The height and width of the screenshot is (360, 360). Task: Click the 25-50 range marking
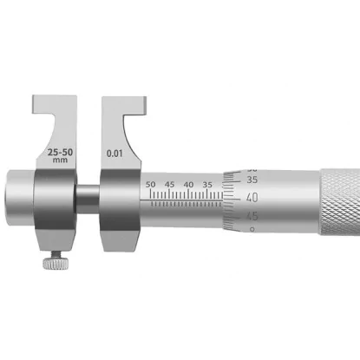coord(60,152)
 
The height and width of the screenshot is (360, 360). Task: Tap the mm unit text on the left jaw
coord(60,160)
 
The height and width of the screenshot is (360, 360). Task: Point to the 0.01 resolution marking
coord(115,154)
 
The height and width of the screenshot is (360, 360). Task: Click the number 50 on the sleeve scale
coord(150,184)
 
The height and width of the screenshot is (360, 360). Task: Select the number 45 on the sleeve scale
coord(170,184)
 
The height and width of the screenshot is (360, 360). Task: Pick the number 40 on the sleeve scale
coord(188,184)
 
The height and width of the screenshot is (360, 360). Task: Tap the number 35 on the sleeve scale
coord(207,184)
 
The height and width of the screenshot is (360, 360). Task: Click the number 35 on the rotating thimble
coord(252,180)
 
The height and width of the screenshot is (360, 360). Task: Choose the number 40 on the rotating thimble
coord(252,198)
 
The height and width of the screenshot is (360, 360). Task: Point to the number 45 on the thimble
coord(252,216)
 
